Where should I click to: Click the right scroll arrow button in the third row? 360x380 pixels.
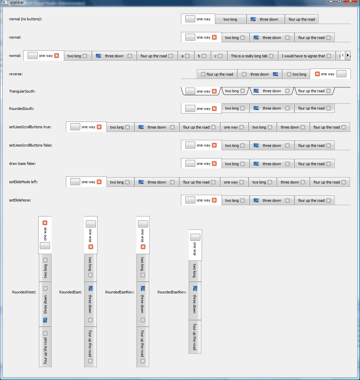[x=348, y=55]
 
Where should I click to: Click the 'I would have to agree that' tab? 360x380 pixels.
[x=303, y=56]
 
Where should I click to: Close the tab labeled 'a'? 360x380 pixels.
[x=187, y=56]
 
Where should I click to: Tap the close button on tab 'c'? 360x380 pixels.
[x=220, y=56]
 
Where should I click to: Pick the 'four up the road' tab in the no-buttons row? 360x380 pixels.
[x=301, y=19]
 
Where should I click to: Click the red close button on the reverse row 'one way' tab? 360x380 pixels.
[x=317, y=74]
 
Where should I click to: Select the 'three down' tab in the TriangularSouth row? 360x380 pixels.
[x=271, y=91]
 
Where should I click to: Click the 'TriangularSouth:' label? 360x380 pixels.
[x=22, y=91]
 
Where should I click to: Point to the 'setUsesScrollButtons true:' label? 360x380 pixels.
[x=30, y=127]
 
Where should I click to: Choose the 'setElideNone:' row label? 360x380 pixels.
[x=20, y=200]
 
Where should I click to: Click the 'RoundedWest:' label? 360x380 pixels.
[x=24, y=292]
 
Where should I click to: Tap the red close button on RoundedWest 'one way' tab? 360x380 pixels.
[x=45, y=223]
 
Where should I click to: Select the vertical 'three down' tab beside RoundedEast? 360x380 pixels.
[x=90, y=304]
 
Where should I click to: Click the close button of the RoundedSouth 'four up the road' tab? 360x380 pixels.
[x=328, y=108]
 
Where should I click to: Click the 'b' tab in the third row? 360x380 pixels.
[x=199, y=56]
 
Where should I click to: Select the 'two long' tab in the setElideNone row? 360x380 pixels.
[x=232, y=200]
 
